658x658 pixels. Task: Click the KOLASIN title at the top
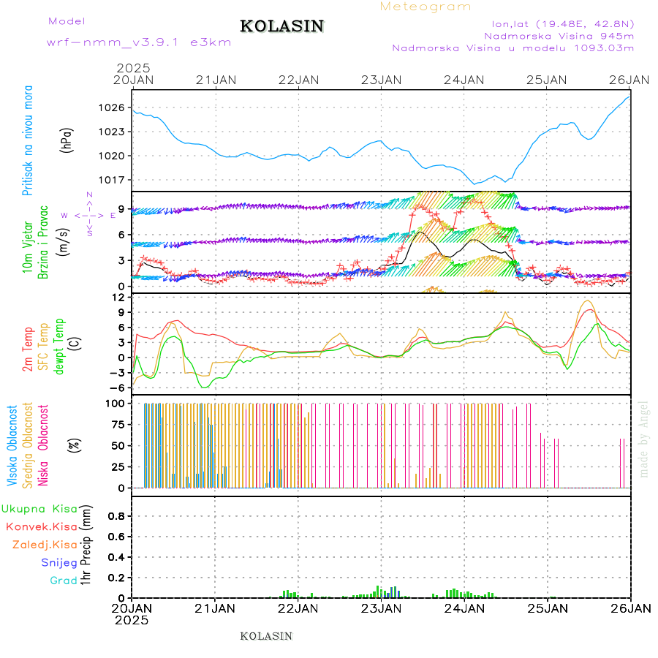pyautogui.click(x=281, y=26)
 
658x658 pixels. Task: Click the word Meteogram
pyautogui.click(x=426, y=7)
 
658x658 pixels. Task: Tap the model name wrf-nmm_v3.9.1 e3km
pyautogui.click(x=139, y=42)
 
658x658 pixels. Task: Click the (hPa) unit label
pyautogui.click(x=68, y=139)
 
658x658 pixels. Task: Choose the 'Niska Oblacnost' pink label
pyautogui.click(x=44, y=446)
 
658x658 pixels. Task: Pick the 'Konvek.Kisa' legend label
pyautogui.click(x=42, y=526)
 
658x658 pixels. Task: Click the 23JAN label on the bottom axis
pyautogui.click(x=382, y=608)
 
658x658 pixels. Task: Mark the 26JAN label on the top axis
pyautogui.click(x=630, y=80)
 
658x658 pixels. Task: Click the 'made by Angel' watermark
pyautogui.click(x=644, y=439)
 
